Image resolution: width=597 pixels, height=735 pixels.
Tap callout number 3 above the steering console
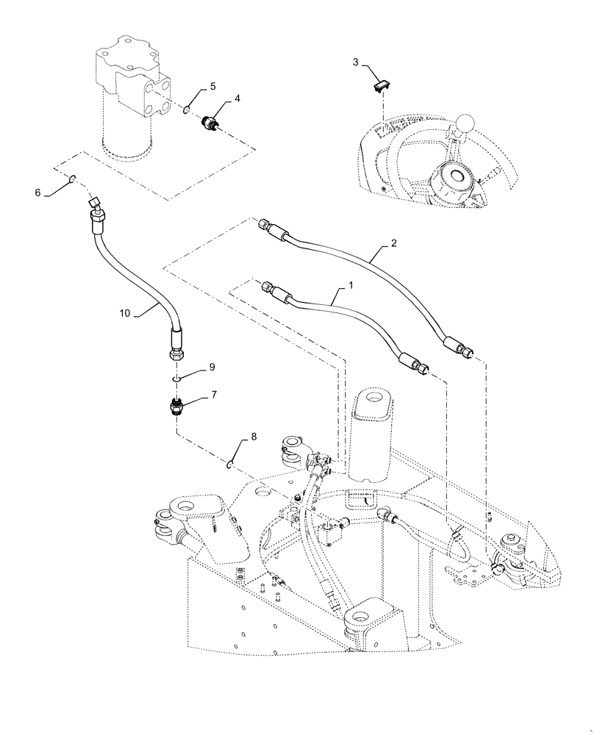pos(355,62)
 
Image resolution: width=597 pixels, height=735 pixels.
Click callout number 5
pos(212,86)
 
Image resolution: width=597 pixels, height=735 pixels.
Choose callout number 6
pos(37,193)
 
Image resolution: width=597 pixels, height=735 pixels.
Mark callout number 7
pos(214,395)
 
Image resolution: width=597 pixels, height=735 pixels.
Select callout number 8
pos(254,437)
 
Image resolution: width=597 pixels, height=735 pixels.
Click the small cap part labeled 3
pos(380,86)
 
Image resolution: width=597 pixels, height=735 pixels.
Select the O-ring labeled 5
pos(187,110)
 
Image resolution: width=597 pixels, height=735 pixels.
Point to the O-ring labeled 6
pos(73,179)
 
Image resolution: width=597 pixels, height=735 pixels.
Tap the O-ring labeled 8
pos(231,464)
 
